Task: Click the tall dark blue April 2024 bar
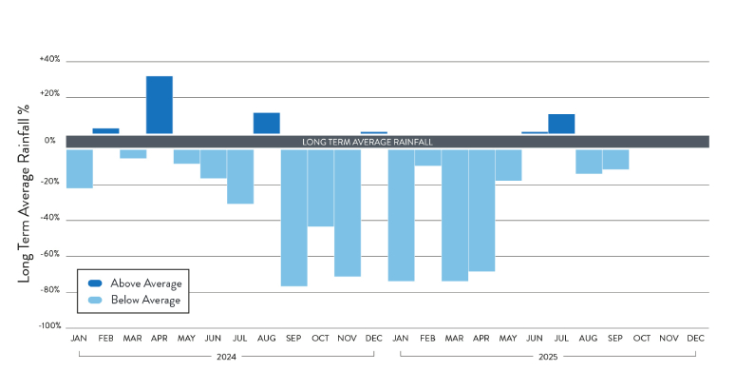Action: pyautogui.click(x=159, y=105)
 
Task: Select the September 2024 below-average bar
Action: pyautogui.click(x=293, y=217)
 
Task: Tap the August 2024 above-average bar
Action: pyautogui.click(x=266, y=123)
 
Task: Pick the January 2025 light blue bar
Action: pyautogui.click(x=401, y=215)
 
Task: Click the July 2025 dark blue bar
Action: pyautogui.click(x=561, y=124)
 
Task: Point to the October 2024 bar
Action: pyautogui.click(x=320, y=187)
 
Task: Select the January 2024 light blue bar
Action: pyautogui.click(x=79, y=168)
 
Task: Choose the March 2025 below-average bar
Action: pyautogui.click(x=454, y=215)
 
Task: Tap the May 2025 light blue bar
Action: pyautogui.click(x=508, y=165)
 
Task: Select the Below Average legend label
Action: pyautogui.click(x=145, y=301)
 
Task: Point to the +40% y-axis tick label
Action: pyautogui.click(x=49, y=59)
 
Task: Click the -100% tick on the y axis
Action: pyautogui.click(x=48, y=326)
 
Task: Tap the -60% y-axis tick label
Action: pyautogui.click(x=49, y=255)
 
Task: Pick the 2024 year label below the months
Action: pyautogui.click(x=226, y=358)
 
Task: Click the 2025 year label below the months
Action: pyautogui.click(x=548, y=358)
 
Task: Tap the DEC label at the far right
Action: pyautogui.click(x=695, y=338)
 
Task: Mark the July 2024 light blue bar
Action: pyautogui.click(x=240, y=176)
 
